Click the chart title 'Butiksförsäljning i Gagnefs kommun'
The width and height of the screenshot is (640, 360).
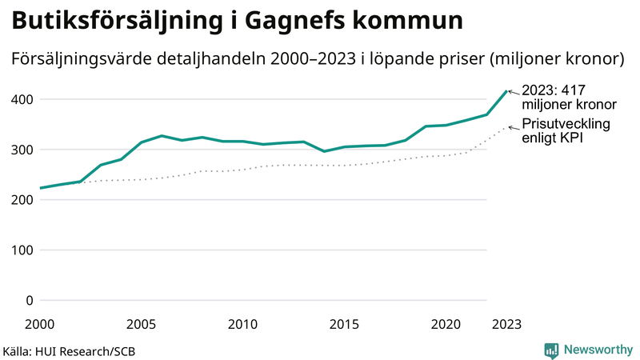click(x=237, y=22)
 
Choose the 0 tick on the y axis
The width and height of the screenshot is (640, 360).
click(x=28, y=301)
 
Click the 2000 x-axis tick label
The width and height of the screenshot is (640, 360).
click(x=40, y=324)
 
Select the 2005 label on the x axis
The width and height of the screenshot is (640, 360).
click(x=142, y=324)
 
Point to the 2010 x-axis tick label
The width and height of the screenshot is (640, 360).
click(x=242, y=324)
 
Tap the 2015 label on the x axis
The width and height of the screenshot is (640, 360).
click(x=344, y=324)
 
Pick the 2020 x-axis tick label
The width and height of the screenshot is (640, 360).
click(x=446, y=324)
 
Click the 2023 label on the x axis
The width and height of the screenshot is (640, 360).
click(x=506, y=324)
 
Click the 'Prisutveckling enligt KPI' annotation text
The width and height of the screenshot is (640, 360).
click(x=566, y=131)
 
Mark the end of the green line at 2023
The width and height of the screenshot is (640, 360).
click(x=506, y=91)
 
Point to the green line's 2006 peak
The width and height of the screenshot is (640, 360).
click(x=162, y=136)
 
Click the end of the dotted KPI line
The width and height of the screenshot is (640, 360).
click(x=506, y=126)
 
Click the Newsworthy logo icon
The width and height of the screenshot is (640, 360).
click(x=551, y=350)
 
